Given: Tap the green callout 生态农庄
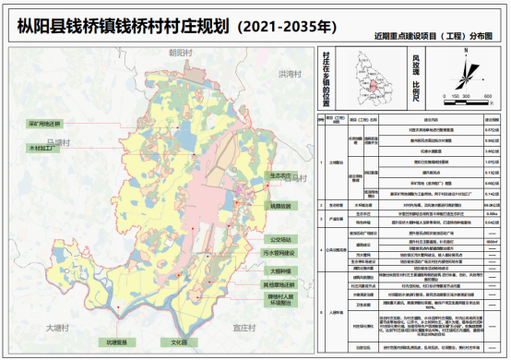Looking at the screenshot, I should pos(280,174).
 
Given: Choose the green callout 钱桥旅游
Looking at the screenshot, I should pos(280,206).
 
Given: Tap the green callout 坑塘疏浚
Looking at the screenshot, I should pos(124,342).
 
